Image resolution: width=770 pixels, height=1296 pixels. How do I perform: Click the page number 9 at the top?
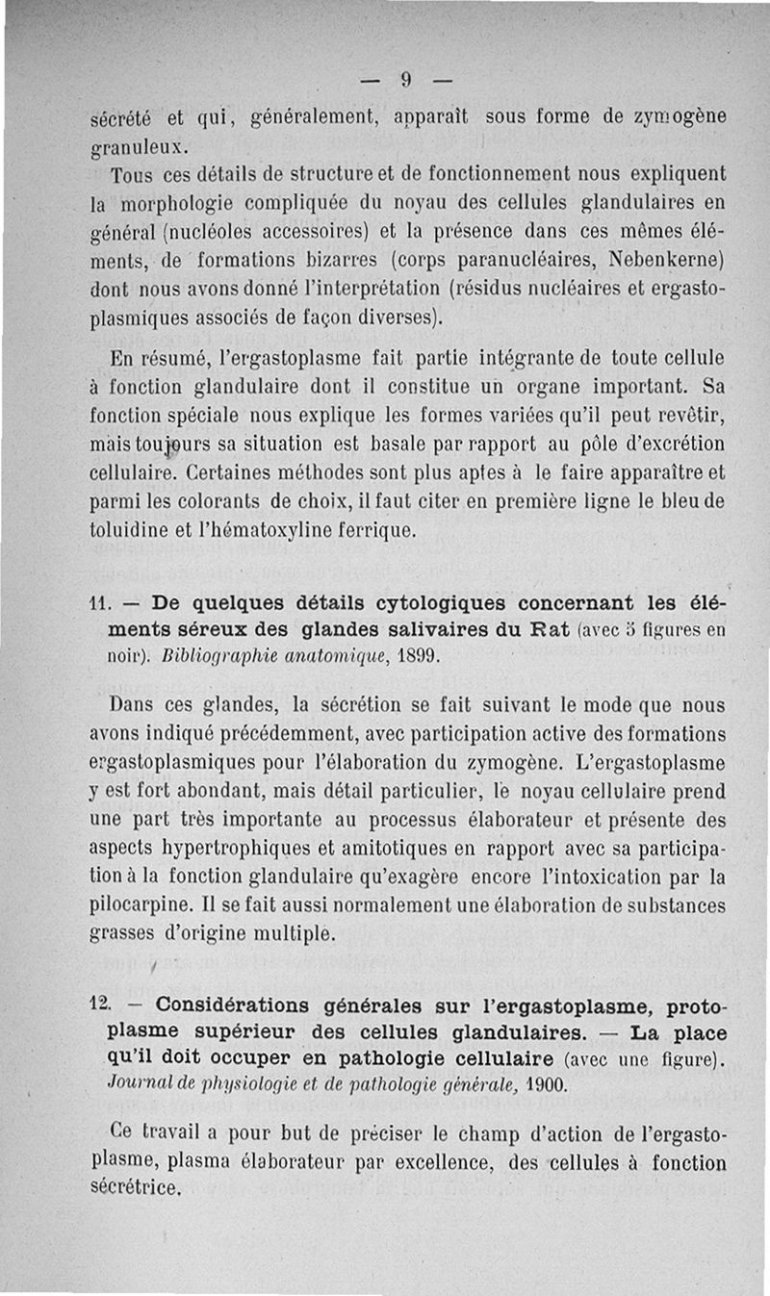(406, 80)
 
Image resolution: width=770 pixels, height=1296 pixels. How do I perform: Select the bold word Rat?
(554, 631)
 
